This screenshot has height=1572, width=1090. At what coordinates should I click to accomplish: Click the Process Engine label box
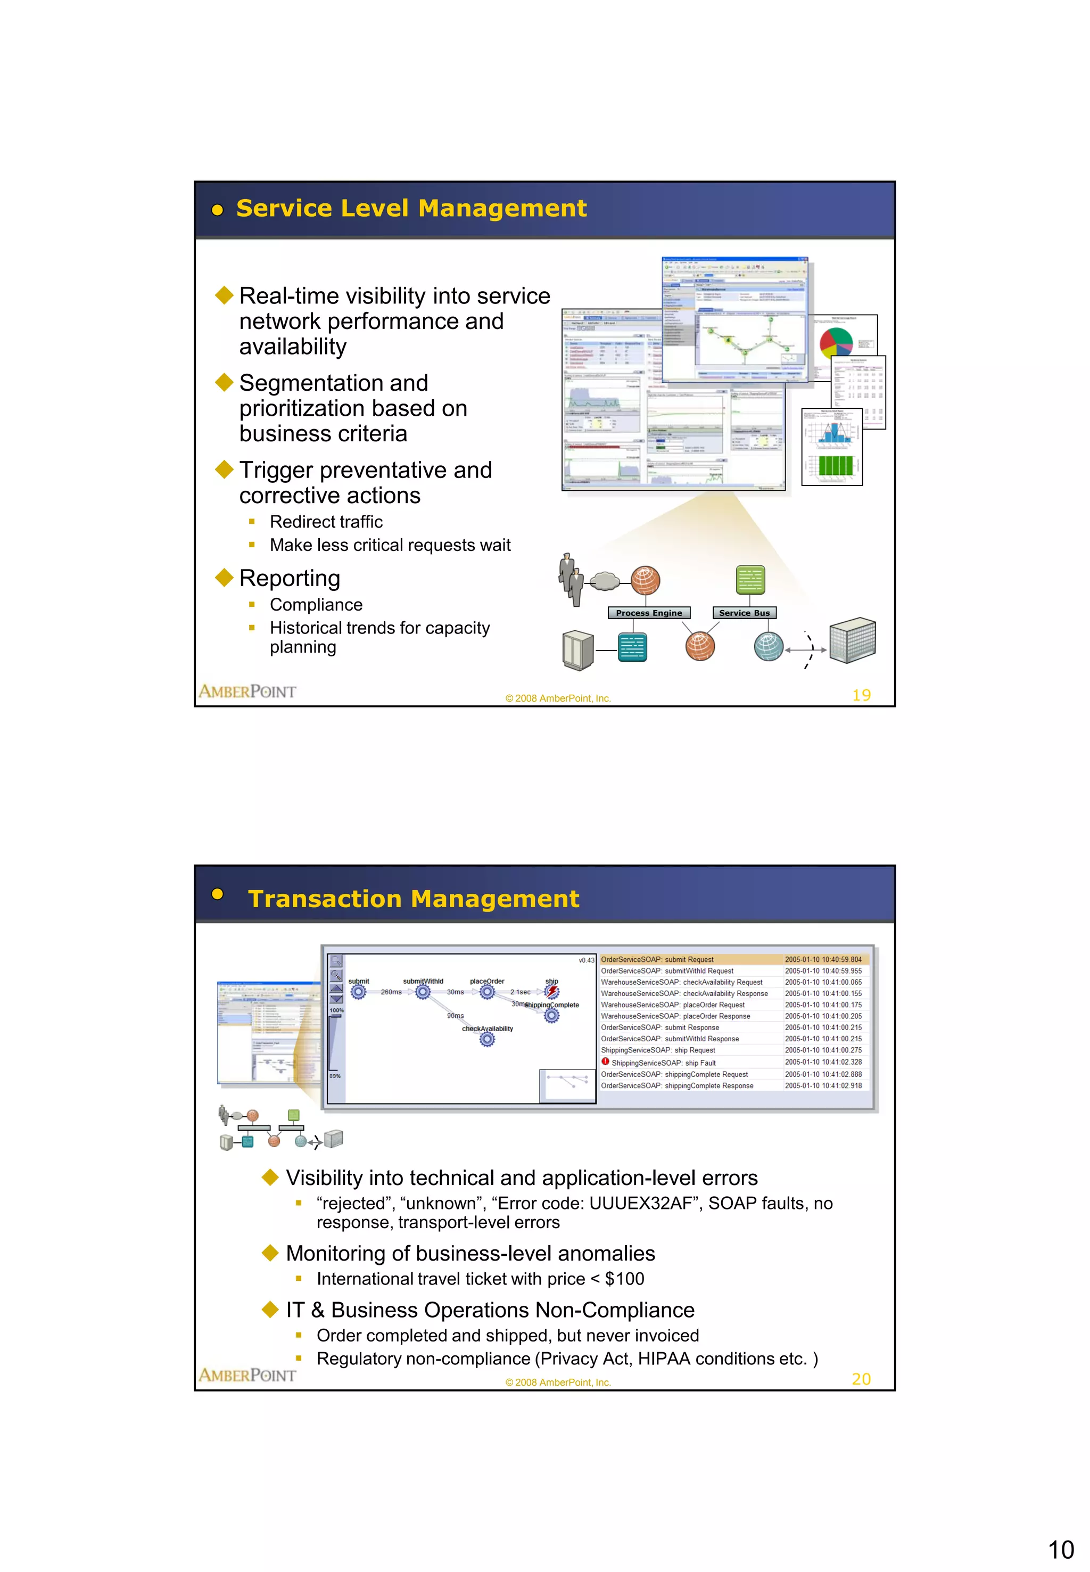point(648,613)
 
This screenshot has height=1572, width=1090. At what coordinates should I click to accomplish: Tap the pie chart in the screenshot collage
point(836,342)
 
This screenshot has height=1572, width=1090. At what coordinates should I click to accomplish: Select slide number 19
point(861,695)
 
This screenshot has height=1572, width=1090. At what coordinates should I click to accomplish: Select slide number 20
point(861,1379)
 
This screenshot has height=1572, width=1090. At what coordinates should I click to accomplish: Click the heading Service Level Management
point(411,208)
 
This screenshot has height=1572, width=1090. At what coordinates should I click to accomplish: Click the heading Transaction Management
point(413,899)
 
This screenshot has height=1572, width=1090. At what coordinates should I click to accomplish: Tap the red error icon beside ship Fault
point(605,1061)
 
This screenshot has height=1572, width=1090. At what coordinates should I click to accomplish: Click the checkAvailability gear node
point(487,1040)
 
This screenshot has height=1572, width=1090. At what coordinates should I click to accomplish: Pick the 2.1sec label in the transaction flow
point(520,992)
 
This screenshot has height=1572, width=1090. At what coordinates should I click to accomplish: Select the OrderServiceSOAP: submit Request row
point(657,959)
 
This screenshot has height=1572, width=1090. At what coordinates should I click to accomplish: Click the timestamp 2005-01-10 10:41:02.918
point(823,1085)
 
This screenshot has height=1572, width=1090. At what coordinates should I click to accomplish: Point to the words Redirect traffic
point(326,522)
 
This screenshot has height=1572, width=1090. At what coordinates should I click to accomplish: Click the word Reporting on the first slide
point(290,578)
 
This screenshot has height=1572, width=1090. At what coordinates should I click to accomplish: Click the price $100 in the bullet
point(624,1279)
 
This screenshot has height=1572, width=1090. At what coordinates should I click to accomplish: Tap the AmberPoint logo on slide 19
point(247,692)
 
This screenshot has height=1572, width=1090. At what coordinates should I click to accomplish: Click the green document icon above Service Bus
point(750,580)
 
